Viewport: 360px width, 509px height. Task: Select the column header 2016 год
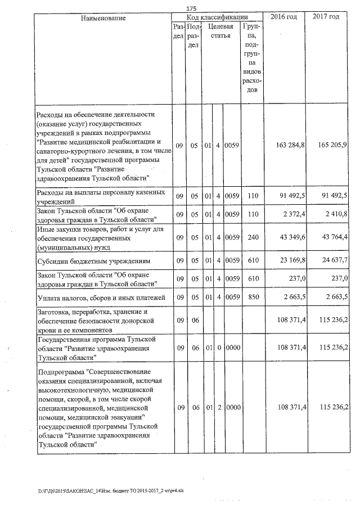coord(283,17)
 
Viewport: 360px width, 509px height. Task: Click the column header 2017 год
coord(326,17)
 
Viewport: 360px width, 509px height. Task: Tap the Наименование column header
coord(103,18)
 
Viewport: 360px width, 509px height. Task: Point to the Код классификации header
coord(218,17)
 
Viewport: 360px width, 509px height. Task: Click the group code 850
coord(253,296)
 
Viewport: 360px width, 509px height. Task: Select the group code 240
coord(253,238)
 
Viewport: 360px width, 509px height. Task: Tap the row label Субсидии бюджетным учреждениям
coord(92,261)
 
